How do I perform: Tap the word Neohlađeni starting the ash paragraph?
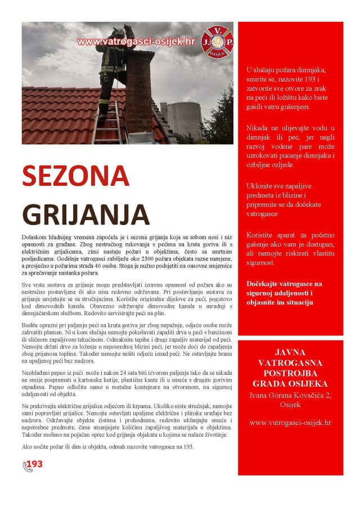pos(38,373)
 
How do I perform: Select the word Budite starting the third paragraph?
pos(31,326)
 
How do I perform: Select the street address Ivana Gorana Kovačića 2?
pos(290,396)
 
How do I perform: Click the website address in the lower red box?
pos(290,422)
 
